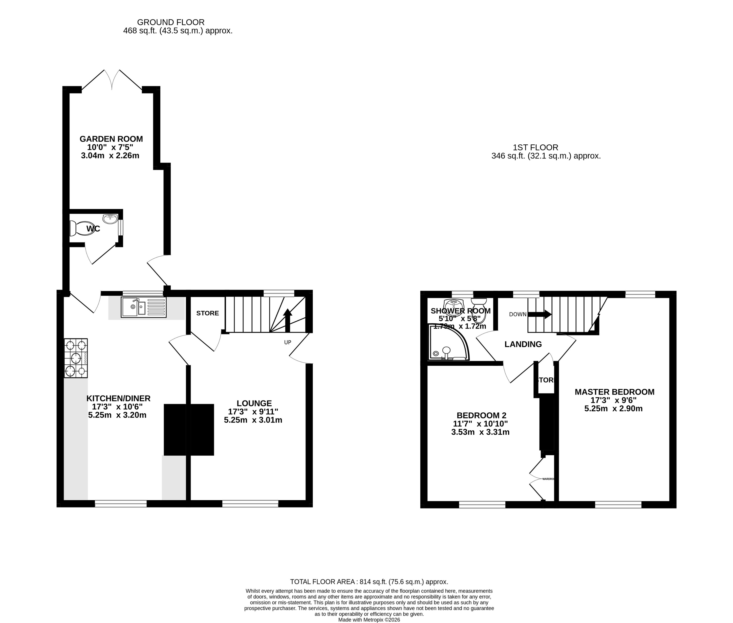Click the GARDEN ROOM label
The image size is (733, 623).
(x=111, y=139)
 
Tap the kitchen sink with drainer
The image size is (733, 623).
(x=143, y=307)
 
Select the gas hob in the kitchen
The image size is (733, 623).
(x=76, y=358)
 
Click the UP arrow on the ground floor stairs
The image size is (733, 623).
(x=288, y=320)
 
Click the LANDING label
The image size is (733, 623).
(x=523, y=344)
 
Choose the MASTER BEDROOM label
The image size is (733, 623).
(x=614, y=392)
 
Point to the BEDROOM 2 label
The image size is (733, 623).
(x=481, y=415)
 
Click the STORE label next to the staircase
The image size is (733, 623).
(x=207, y=313)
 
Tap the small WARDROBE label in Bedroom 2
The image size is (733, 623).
(x=548, y=479)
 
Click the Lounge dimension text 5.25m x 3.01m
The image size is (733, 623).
(x=253, y=420)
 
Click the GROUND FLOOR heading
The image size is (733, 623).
(x=171, y=22)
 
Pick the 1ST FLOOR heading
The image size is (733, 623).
(x=535, y=147)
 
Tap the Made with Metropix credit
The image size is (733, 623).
(x=369, y=620)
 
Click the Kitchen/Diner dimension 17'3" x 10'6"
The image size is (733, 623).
(x=117, y=406)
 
